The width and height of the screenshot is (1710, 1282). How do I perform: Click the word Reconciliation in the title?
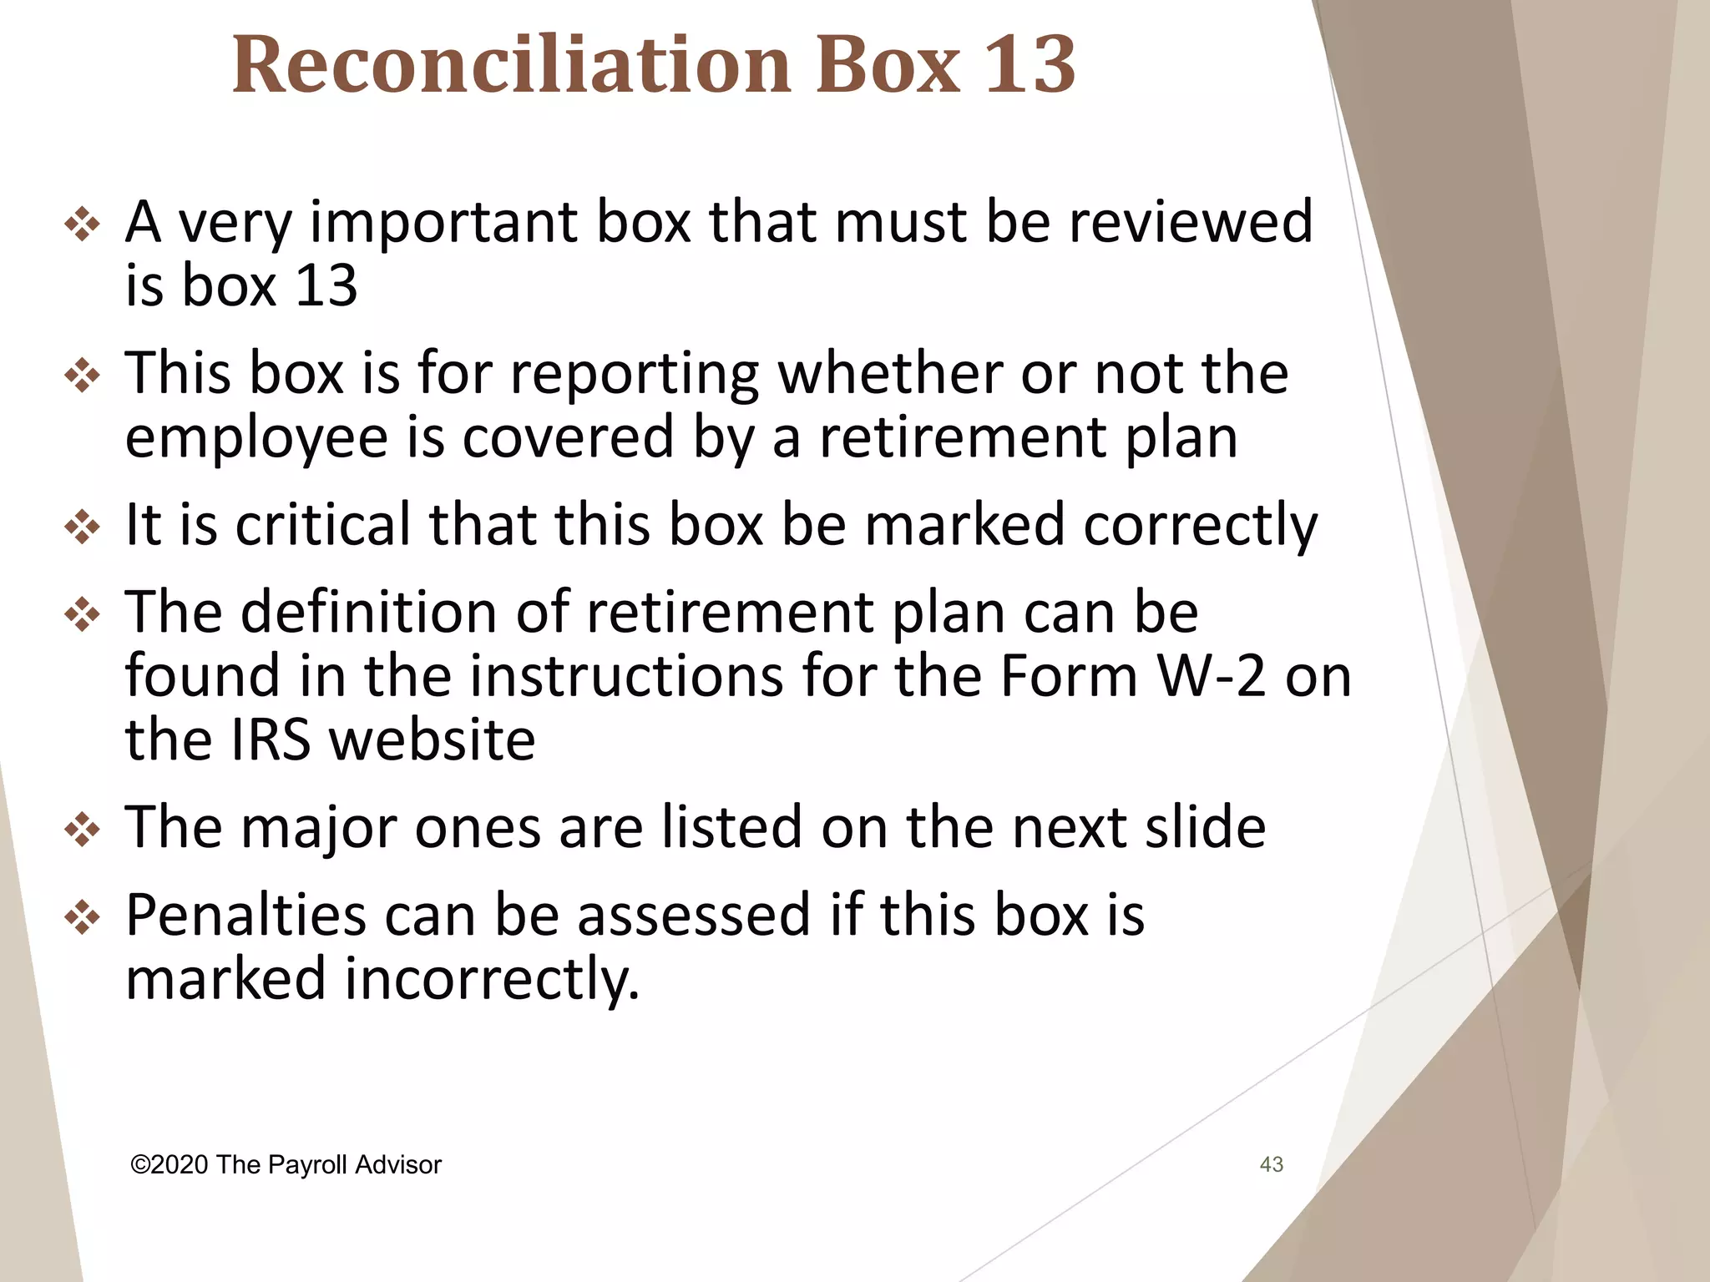click(x=510, y=64)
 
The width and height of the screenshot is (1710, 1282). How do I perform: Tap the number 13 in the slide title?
click(x=1029, y=64)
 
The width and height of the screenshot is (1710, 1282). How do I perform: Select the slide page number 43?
click(x=1271, y=1164)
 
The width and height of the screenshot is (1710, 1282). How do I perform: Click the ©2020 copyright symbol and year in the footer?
click(x=169, y=1164)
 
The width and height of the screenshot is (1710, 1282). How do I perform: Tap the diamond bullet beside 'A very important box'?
click(x=82, y=225)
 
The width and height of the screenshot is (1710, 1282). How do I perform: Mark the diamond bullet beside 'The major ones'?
click(x=82, y=830)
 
